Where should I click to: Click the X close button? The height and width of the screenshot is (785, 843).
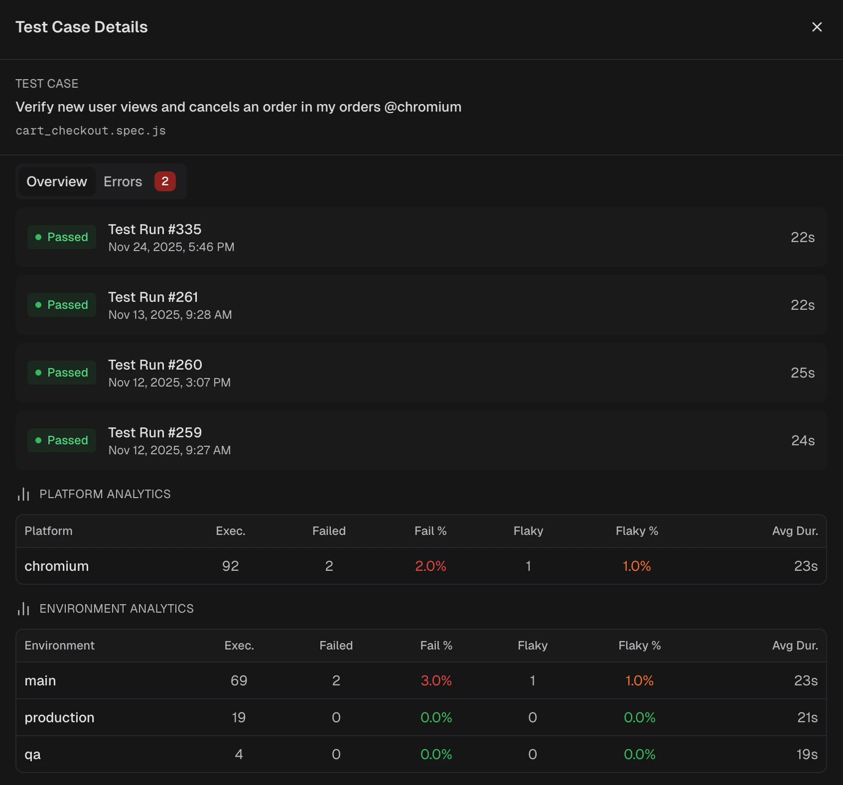tap(817, 27)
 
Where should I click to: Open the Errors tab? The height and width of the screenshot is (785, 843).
tap(123, 182)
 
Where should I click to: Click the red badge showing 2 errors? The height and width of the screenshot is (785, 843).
tap(165, 181)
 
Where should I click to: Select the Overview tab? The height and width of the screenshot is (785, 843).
tap(57, 182)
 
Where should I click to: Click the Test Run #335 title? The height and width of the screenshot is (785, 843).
tap(155, 229)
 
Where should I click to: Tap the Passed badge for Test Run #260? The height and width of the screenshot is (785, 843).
tap(62, 373)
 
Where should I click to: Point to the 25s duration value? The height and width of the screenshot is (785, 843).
tap(802, 373)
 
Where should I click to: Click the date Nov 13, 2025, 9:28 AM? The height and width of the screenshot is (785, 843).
tap(170, 315)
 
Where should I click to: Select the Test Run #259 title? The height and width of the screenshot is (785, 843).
tap(155, 432)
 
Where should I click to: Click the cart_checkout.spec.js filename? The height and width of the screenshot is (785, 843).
tap(91, 131)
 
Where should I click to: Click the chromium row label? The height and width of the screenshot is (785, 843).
tap(57, 566)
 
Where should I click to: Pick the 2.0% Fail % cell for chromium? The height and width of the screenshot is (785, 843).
tap(430, 566)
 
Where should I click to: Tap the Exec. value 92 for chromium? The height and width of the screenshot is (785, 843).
tap(231, 566)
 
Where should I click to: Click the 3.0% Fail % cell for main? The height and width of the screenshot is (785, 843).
tap(436, 681)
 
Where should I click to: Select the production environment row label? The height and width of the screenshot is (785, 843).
tap(59, 718)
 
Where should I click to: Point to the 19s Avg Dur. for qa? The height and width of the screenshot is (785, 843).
tap(807, 755)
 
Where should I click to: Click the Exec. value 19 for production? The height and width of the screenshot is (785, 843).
tap(239, 718)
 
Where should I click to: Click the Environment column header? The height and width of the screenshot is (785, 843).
tap(59, 646)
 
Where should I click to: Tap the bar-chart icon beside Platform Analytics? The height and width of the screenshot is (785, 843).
tap(23, 494)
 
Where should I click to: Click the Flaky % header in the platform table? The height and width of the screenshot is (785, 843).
tap(637, 531)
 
